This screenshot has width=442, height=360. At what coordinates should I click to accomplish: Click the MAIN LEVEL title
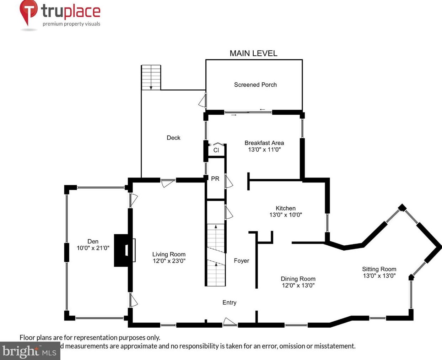point(253,53)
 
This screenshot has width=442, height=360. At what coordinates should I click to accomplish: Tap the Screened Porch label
point(255,84)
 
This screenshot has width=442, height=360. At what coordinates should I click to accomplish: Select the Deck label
point(173,138)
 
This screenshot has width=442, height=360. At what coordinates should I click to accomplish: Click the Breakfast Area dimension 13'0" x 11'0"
point(264,149)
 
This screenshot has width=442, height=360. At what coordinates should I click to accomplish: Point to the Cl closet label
point(216,150)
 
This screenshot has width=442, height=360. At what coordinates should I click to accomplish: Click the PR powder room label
point(215,179)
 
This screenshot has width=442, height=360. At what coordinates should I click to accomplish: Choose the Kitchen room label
point(285,208)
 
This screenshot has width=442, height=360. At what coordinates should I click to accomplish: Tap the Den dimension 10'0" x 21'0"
point(93,248)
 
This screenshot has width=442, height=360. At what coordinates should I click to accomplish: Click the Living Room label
point(169,254)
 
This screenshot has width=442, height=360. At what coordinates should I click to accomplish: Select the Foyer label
point(241,261)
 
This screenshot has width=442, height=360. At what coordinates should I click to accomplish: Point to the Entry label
point(229,302)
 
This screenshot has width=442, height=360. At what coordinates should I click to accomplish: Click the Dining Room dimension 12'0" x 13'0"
point(298,285)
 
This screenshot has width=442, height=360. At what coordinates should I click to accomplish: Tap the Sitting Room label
point(379,269)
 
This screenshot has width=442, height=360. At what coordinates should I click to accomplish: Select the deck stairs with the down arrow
point(151,77)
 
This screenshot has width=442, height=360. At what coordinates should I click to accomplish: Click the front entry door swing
point(230,322)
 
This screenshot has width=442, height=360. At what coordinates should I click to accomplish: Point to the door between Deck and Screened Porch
point(203,100)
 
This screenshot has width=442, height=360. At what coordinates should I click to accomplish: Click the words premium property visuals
point(71,24)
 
